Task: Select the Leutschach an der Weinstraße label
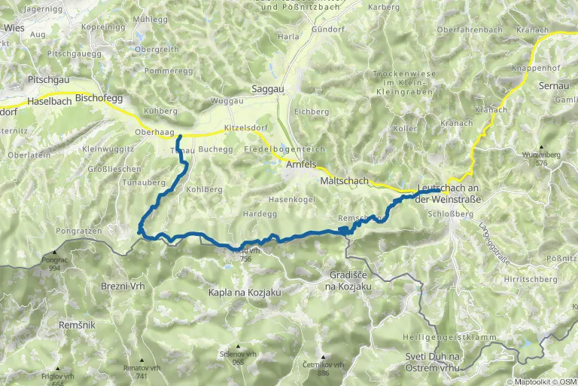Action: tap(448, 192)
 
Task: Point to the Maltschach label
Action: tap(344, 182)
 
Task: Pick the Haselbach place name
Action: tap(50, 101)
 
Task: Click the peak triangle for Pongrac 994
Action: tap(54, 253)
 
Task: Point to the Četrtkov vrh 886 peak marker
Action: tap(323, 357)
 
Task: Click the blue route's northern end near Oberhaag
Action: tap(179, 136)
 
